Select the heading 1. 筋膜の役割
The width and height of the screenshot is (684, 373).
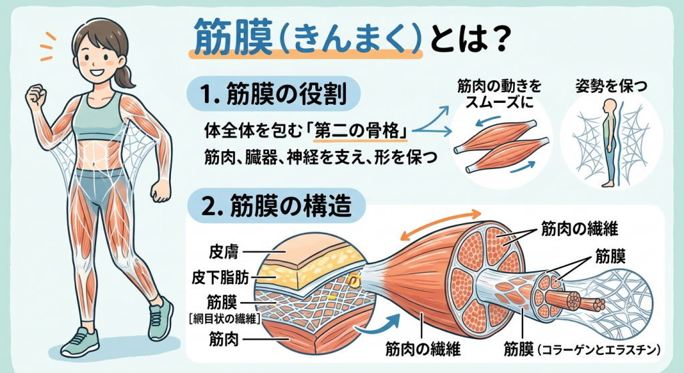(x=273, y=94)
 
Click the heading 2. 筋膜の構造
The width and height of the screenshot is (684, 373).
(x=276, y=205)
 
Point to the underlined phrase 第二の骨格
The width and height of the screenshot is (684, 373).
(x=360, y=130)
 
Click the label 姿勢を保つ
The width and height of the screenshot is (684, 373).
(x=611, y=86)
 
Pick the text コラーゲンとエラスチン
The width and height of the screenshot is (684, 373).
(x=601, y=350)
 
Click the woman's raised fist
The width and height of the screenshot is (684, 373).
(x=36, y=96)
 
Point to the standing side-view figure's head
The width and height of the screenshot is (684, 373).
(x=611, y=106)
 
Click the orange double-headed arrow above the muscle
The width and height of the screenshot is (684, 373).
(x=441, y=224)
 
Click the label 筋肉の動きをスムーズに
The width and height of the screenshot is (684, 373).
(x=499, y=94)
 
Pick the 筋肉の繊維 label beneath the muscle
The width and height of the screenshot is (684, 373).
(x=423, y=348)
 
